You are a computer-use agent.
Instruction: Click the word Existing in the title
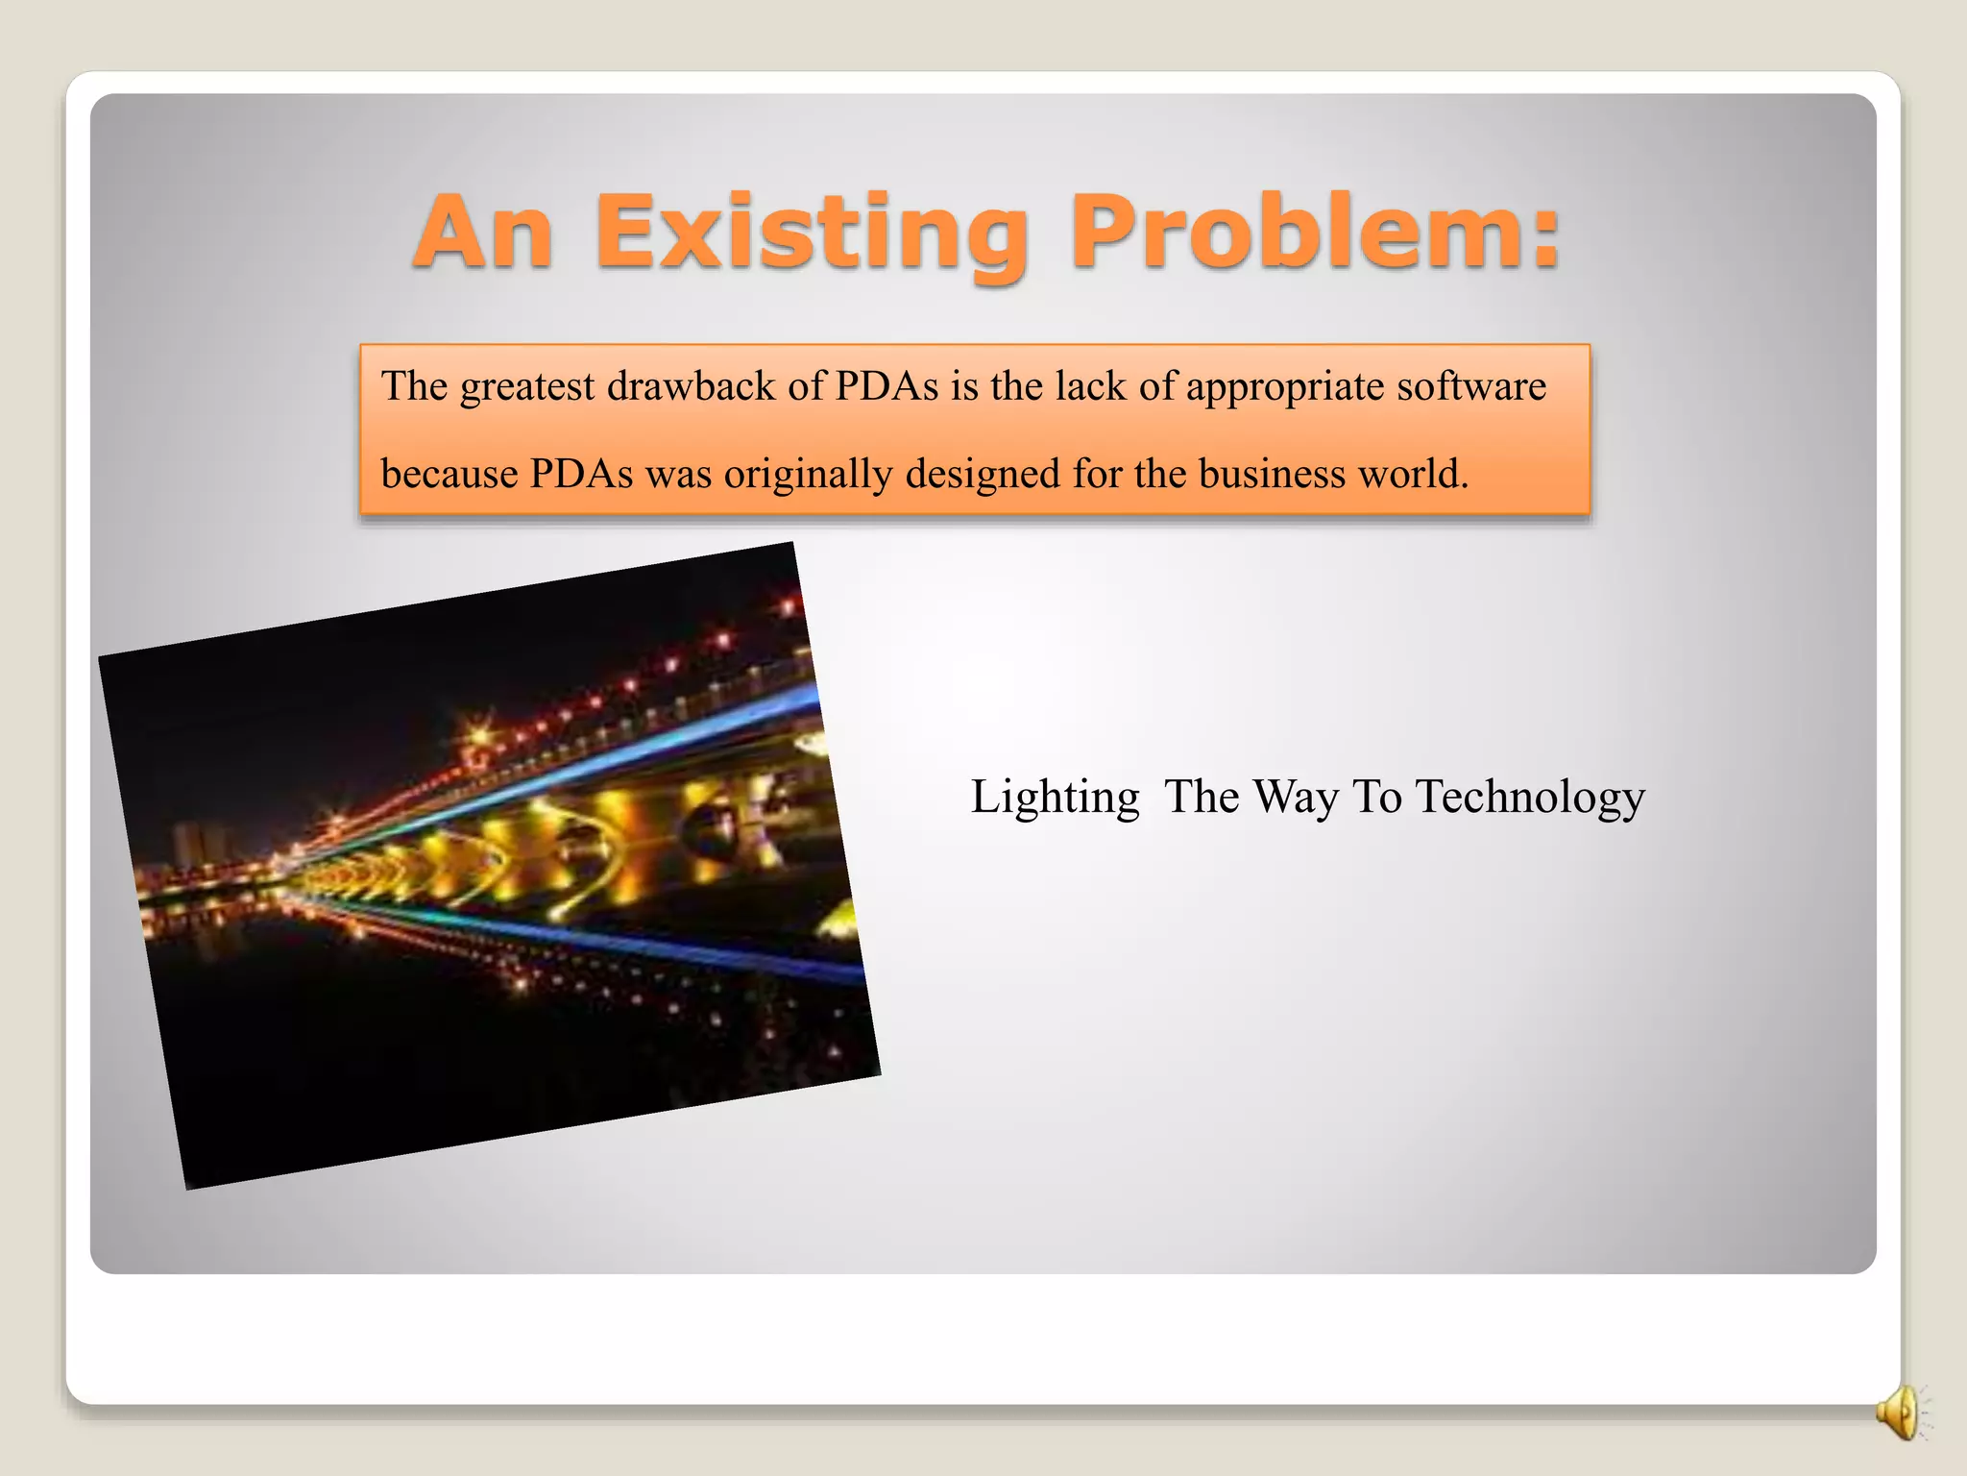[x=812, y=233]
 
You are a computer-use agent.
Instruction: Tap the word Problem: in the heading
[x=1315, y=233]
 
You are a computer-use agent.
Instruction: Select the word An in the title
[x=483, y=233]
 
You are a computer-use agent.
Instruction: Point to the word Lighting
[x=1055, y=799]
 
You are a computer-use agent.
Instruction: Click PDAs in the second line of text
[x=581, y=474]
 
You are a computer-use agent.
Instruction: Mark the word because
[x=449, y=474]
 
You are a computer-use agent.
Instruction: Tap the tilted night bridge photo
[x=490, y=865]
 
